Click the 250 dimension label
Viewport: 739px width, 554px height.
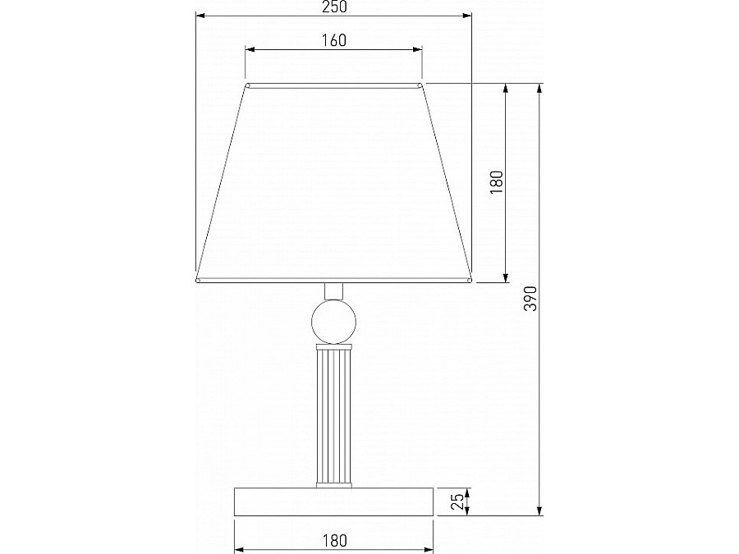[334, 7]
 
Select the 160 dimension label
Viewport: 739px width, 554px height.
[334, 40]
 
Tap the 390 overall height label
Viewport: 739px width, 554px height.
[530, 298]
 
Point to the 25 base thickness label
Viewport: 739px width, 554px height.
[457, 501]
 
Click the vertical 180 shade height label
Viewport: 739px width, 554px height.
[497, 182]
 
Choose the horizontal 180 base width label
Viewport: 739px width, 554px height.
[334, 540]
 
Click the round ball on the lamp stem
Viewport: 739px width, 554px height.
[333, 322]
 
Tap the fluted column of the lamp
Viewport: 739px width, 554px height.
[333, 416]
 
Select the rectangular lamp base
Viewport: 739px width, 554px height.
[333, 501]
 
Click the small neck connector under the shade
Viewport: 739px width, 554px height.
[333, 291]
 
